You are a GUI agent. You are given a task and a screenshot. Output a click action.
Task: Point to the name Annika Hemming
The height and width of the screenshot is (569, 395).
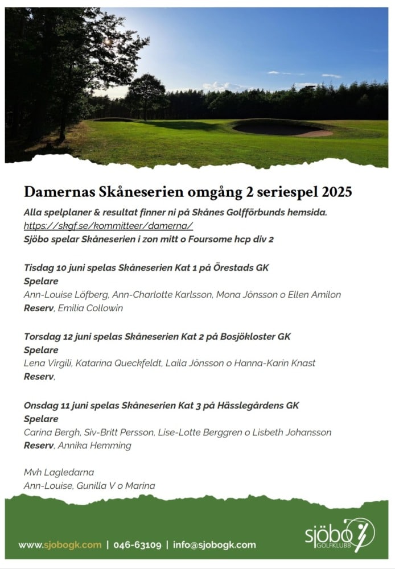94,446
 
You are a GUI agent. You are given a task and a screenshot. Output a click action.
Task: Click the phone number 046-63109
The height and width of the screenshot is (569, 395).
137,545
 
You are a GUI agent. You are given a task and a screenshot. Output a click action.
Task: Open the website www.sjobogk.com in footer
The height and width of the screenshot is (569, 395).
60,545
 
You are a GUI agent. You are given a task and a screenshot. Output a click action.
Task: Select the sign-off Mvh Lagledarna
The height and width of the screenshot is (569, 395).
59,472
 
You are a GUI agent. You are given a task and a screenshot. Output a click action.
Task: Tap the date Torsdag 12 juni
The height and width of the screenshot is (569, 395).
60,336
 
